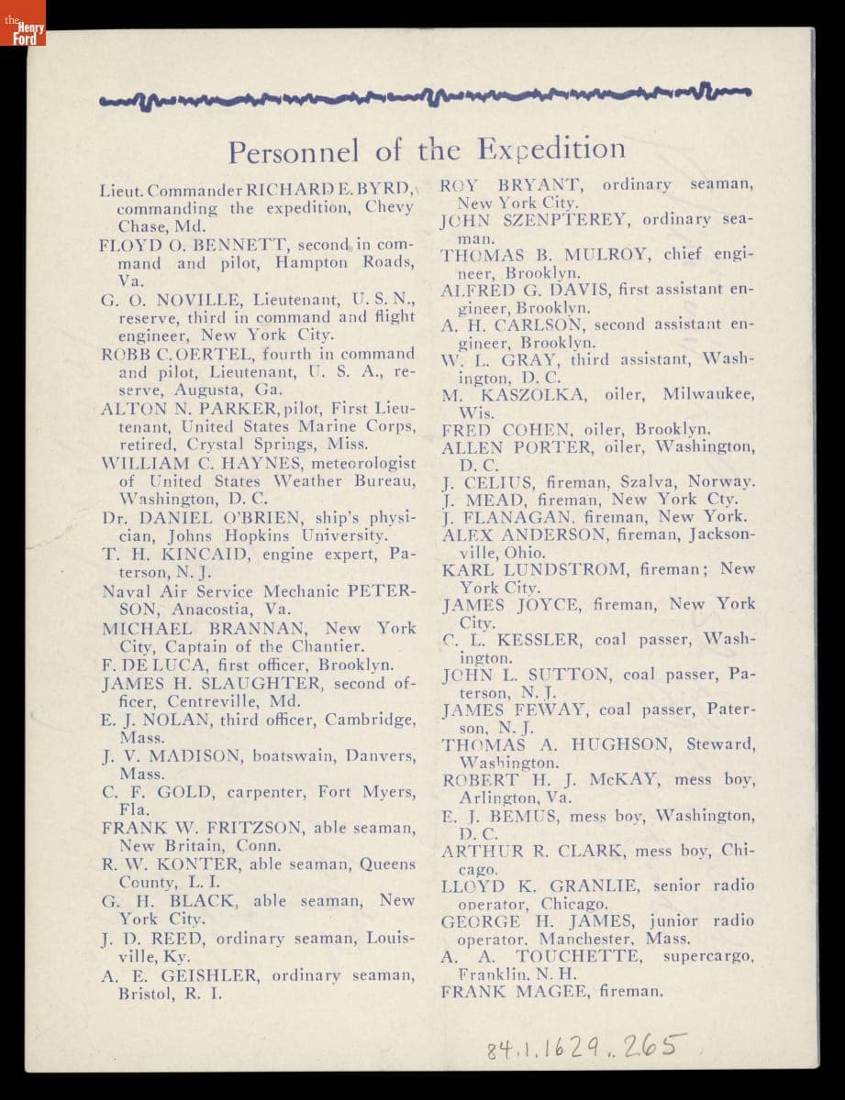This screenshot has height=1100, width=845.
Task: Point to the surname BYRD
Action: click(383, 192)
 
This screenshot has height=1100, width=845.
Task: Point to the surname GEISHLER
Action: click(209, 975)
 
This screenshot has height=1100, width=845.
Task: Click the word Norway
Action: click(722, 480)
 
